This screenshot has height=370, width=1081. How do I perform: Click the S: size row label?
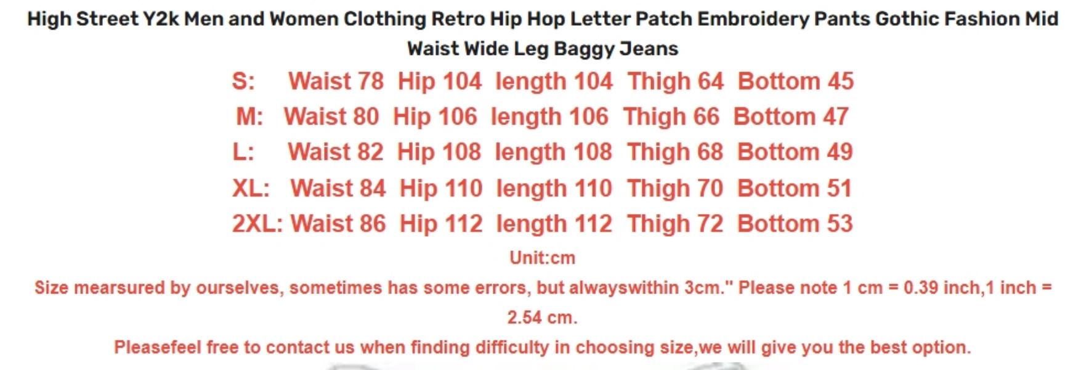pyautogui.click(x=243, y=81)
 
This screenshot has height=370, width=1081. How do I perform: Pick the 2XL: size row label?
pyautogui.click(x=257, y=224)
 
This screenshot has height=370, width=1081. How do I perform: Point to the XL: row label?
pyautogui.click(x=251, y=188)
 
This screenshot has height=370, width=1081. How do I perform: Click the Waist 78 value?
pyautogui.click(x=336, y=81)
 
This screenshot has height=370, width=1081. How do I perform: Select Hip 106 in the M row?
pyautogui.click(x=435, y=117)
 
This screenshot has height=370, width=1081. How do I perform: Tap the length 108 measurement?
pyautogui.click(x=553, y=152)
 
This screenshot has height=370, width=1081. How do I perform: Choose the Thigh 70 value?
pyautogui.click(x=675, y=188)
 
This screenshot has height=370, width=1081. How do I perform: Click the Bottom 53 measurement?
pyautogui.click(x=795, y=224)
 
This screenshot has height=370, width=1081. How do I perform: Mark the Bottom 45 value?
pyautogui.click(x=796, y=81)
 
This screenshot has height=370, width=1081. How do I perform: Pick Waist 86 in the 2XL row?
pyautogui.click(x=338, y=224)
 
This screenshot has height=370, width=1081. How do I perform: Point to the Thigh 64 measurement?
pyautogui.click(x=676, y=81)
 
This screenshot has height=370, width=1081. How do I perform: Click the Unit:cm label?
pyautogui.click(x=542, y=258)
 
